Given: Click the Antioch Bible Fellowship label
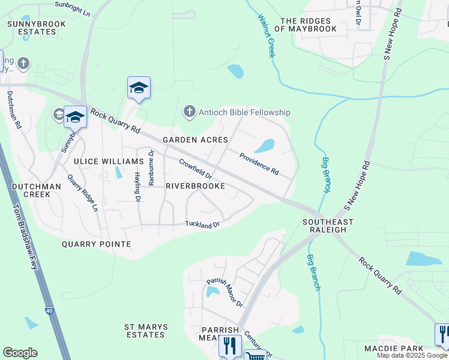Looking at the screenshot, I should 245,112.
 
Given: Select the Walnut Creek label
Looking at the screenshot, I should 266,35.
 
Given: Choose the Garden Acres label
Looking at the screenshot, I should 195,140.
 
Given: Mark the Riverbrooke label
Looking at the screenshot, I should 195,186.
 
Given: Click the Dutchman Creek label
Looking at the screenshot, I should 36,191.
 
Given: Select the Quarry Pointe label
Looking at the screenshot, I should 104,244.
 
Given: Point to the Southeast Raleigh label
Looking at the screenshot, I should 324,226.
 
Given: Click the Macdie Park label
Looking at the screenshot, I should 394,349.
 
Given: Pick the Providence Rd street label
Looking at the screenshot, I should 259,164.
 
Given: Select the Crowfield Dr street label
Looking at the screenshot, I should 196,168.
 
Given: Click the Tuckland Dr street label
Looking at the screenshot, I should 203,224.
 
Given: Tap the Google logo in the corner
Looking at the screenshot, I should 20,353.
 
